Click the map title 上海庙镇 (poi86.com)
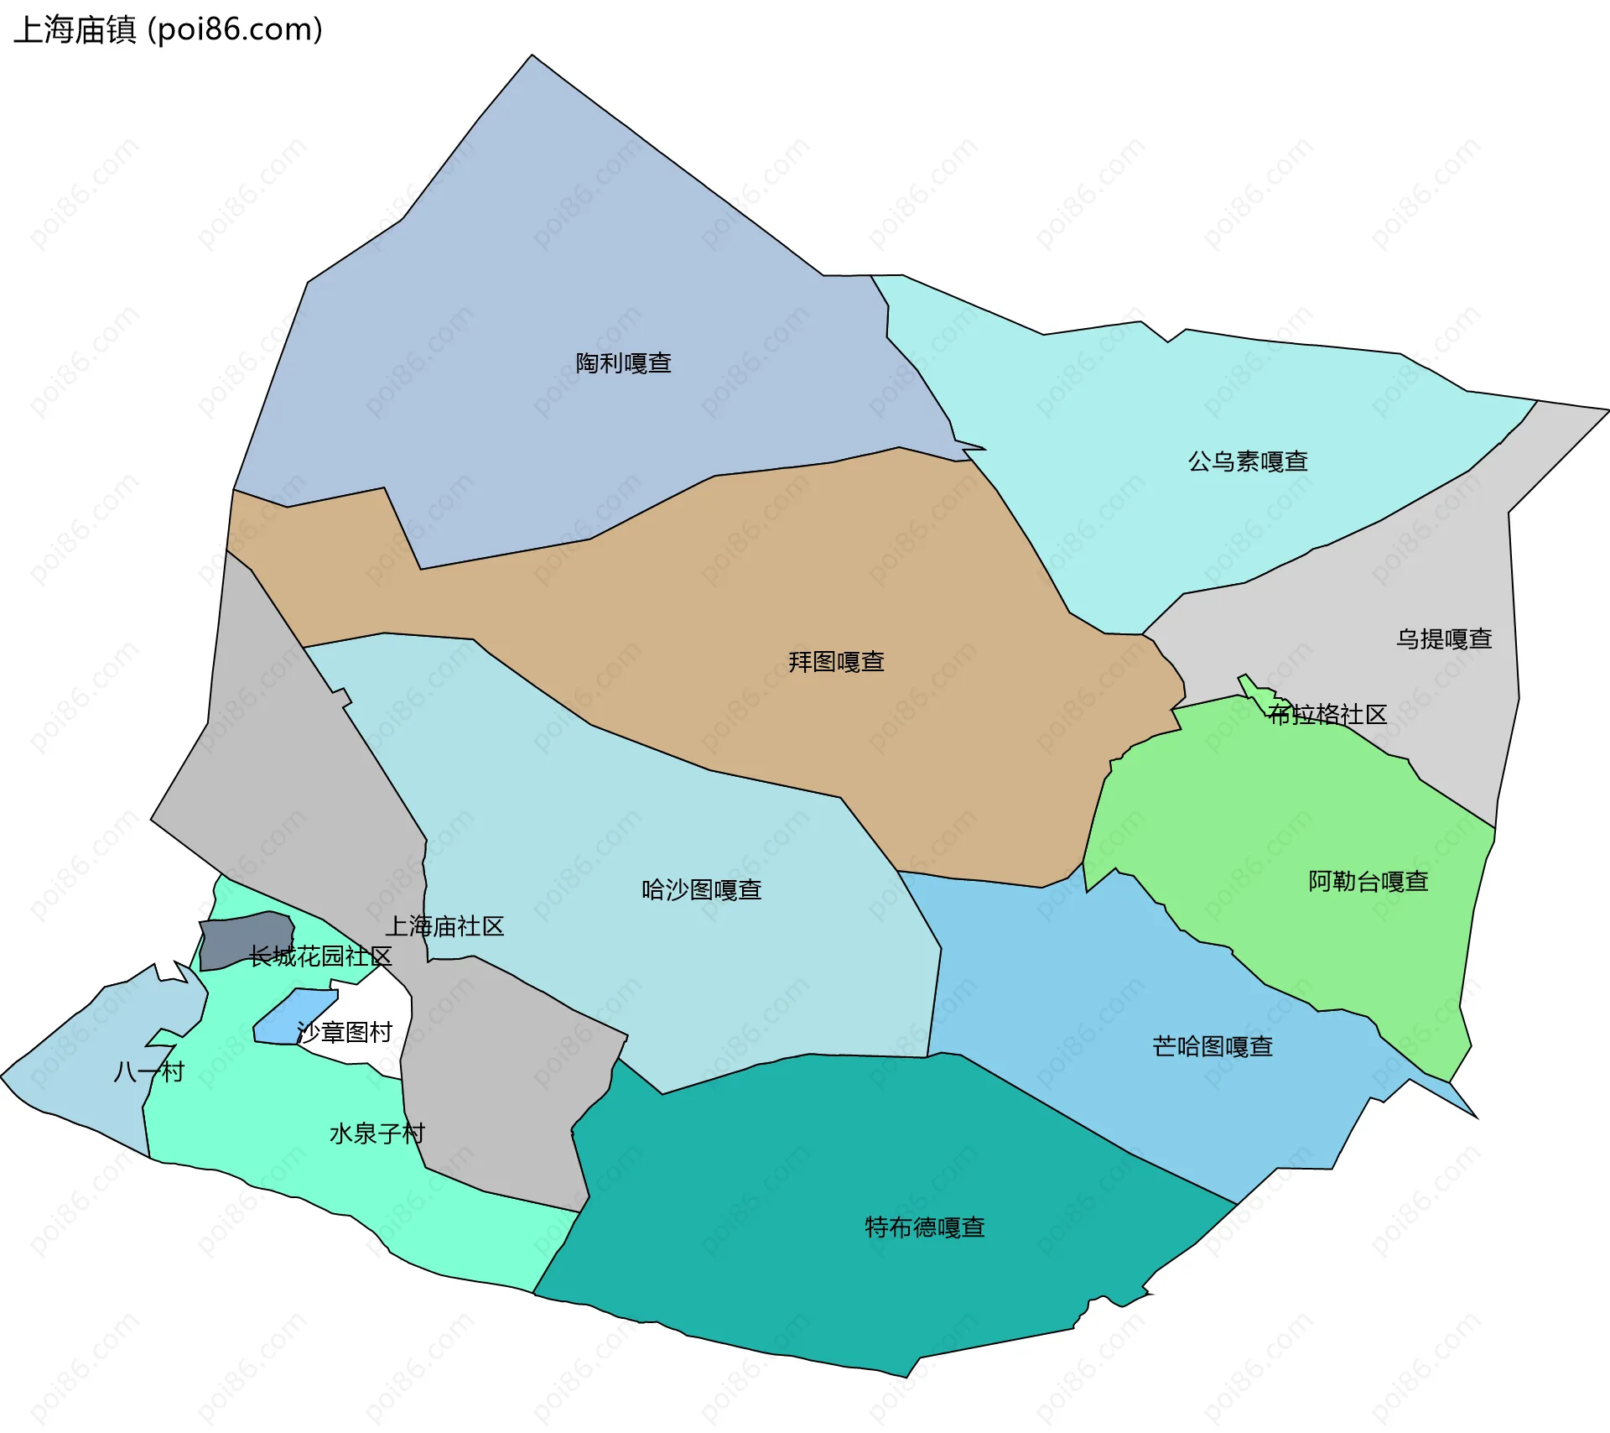[x=168, y=30]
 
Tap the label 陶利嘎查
[x=623, y=363]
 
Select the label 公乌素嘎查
[x=1248, y=461]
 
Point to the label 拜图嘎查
[x=836, y=662]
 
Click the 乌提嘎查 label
[x=1444, y=639]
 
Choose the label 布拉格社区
[x=1327, y=715]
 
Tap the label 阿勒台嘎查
[x=1368, y=882]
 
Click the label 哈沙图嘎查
[x=701, y=890]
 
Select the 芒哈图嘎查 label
[x=1213, y=1047]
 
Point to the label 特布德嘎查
[x=924, y=1228]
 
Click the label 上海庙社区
[x=444, y=927]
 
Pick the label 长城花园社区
[x=320, y=956]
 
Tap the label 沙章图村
[x=345, y=1032]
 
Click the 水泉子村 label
[x=377, y=1134]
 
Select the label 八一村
[x=148, y=1072]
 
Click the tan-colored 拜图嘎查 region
[x=964, y=755]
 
